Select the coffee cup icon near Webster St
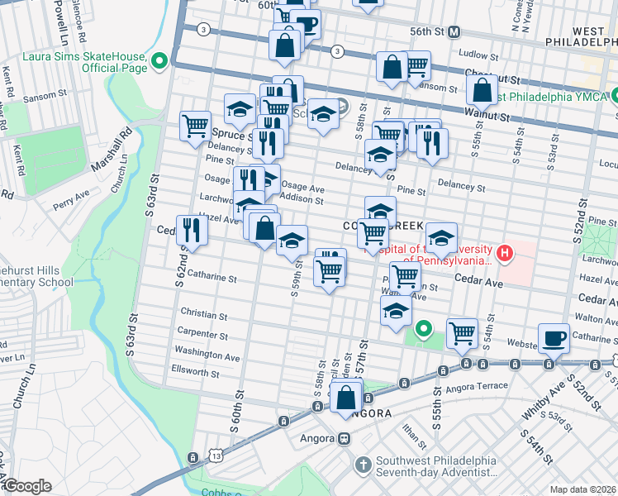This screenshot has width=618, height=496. click(x=554, y=337)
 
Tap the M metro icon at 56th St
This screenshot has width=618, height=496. click(x=454, y=31)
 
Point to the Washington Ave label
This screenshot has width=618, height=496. click(x=207, y=356)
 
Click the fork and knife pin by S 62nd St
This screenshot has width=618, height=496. click(x=192, y=231)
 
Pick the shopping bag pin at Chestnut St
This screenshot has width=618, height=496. click(x=483, y=88)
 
